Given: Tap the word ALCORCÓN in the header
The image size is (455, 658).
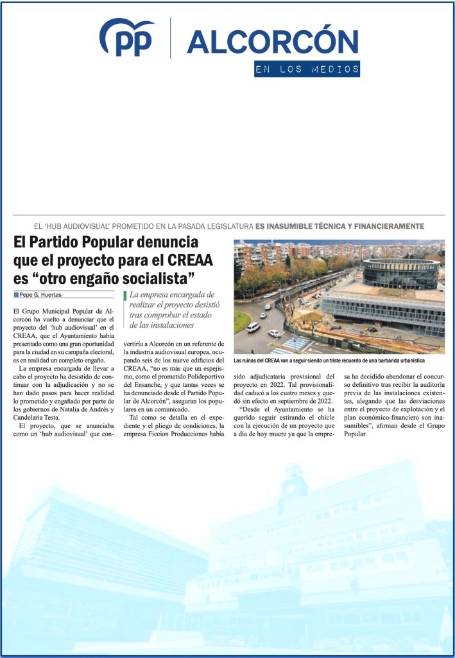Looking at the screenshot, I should [272, 42].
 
